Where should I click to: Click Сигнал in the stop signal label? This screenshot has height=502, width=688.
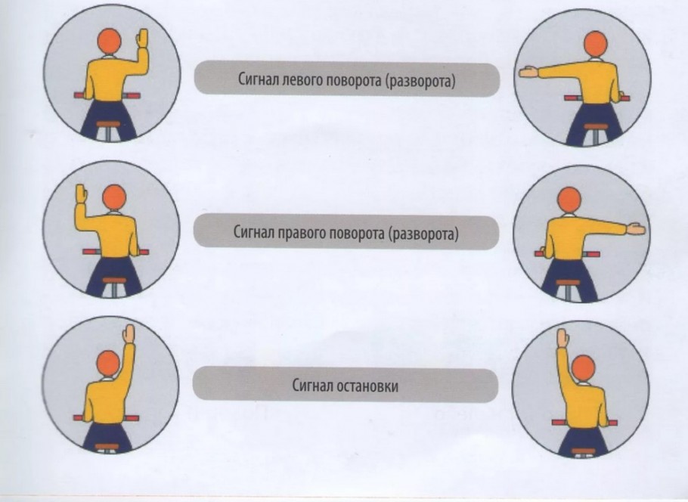(x=312, y=386)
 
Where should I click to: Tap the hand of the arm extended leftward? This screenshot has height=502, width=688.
(x=528, y=72)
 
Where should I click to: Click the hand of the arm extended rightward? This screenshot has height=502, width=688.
(x=636, y=229)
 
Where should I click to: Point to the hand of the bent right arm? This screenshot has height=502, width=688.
(x=142, y=38)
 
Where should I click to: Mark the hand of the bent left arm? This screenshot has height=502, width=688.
(x=82, y=194)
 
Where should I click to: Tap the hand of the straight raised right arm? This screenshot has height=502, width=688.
(x=129, y=333)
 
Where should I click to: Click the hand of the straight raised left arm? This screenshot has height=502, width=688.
(x=562, y=338)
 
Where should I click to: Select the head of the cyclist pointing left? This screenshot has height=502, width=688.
(x=596, y=44)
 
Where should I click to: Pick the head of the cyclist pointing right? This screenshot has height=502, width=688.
(x=569, y=200)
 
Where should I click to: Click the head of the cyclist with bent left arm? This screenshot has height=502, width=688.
(x=114, y=197)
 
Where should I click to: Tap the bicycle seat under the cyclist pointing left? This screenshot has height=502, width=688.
(x=596, y=127)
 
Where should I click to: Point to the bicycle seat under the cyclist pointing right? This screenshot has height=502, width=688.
(x=569, y=283)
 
